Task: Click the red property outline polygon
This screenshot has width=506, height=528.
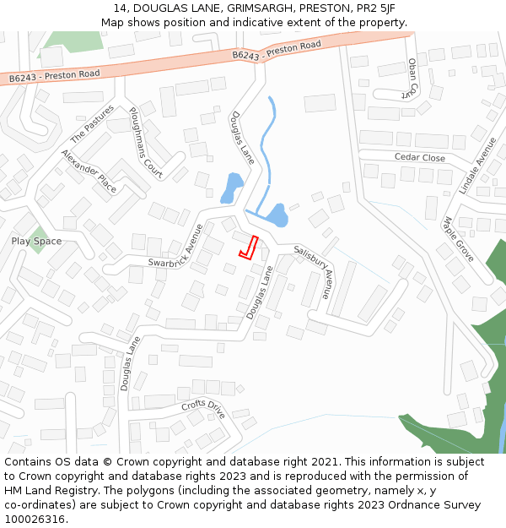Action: pos(249,246)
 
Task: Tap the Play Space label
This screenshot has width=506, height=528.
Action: pos(36,242)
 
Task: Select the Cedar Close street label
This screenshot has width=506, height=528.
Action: pos(420,158)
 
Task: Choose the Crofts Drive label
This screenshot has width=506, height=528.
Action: pos(203,409)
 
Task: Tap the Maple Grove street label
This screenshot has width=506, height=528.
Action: pos(460,239)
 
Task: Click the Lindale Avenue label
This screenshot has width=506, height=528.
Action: pos(477,166)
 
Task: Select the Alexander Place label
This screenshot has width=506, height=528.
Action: pos(89,171)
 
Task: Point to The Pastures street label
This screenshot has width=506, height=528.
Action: pos(90,125)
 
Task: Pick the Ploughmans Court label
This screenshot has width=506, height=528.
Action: pos(145,138)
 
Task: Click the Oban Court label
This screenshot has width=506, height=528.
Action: pos(412,78)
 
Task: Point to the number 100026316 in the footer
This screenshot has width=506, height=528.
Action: pos(35,519)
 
